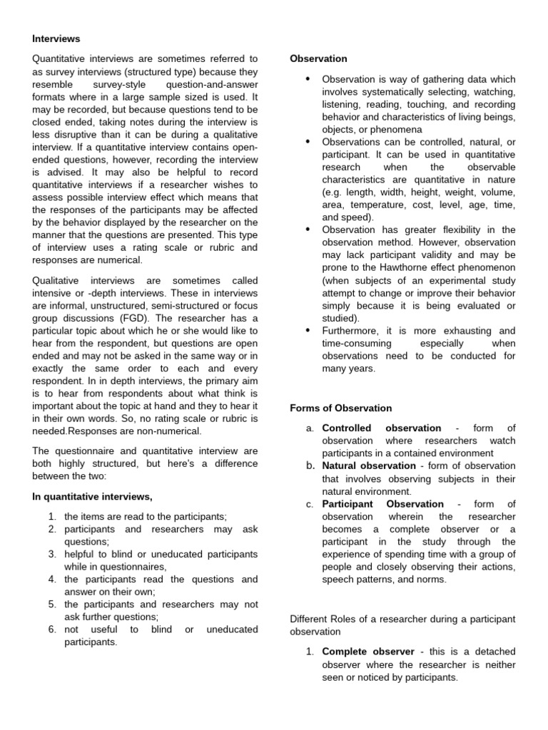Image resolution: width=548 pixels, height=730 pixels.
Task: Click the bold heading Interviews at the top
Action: [56, 38]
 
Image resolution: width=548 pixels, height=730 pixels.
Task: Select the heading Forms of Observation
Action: [341, 408]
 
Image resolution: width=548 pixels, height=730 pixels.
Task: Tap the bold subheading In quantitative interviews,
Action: [92, 496]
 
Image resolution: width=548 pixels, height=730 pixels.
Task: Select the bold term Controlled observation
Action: [382, 428]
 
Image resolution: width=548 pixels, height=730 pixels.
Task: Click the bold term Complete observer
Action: [368, 652]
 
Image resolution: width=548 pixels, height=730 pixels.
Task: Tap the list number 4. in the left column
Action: [52, 580]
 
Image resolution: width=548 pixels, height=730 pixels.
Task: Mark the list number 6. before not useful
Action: [52, 629]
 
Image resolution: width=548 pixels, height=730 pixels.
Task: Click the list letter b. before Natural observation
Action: [310, 466]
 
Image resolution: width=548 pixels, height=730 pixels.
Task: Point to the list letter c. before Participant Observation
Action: [310, 504]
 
